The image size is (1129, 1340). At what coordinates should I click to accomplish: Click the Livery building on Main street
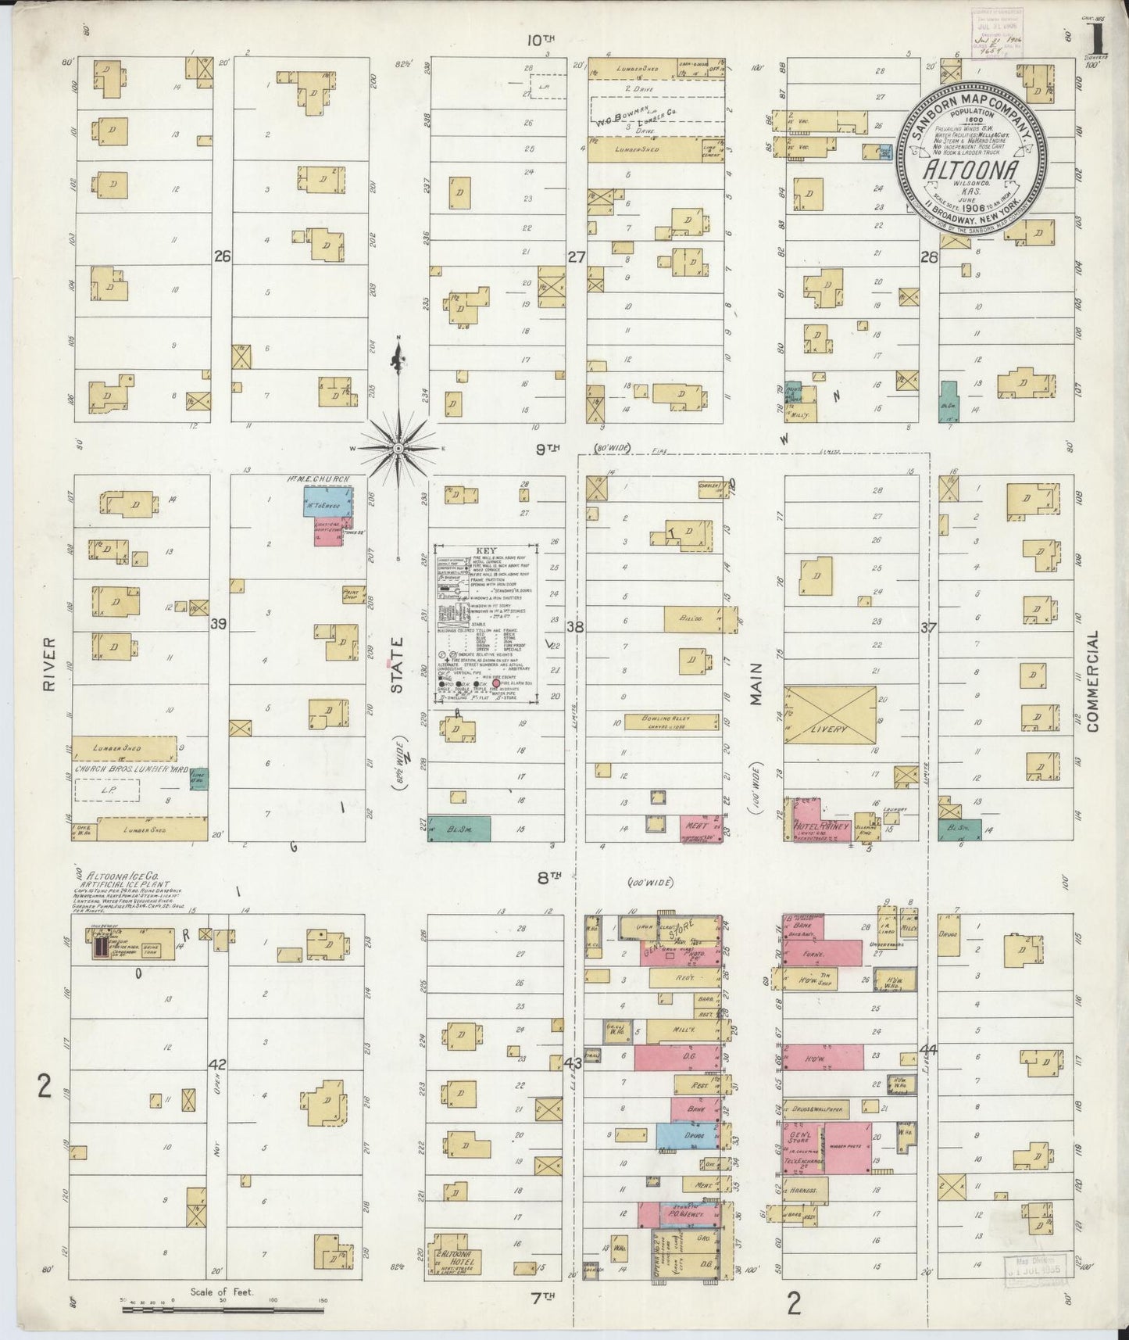point(830,715)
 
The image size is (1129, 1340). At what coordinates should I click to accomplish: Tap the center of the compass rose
point(398,448)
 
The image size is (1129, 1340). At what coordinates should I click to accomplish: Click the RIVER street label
point(50,663)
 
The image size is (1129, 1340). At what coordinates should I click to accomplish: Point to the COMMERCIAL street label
point(1091,681)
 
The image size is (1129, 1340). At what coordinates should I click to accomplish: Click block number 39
point(218,623)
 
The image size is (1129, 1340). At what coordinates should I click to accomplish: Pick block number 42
point(218,1064)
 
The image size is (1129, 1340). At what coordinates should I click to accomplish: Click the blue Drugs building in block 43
point(686,1134)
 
